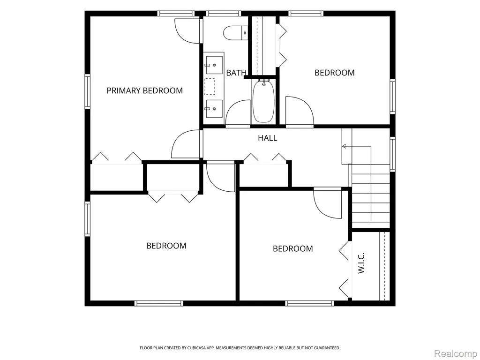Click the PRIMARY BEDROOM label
coord(144,90)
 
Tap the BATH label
coord(236,73)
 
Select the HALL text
coord(268,138)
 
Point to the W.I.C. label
coord(361,263)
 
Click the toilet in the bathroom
coord(236,33)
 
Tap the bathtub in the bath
coord(263,101)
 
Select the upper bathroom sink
coord(214,65)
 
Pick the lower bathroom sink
coord(214,109)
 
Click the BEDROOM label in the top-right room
coord(335,73)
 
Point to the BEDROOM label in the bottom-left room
coord(166,246)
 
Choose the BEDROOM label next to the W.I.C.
coord(292,248)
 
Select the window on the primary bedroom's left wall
coord(88,91)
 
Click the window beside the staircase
coord(392,154)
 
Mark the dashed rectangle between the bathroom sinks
coord(210,87)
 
